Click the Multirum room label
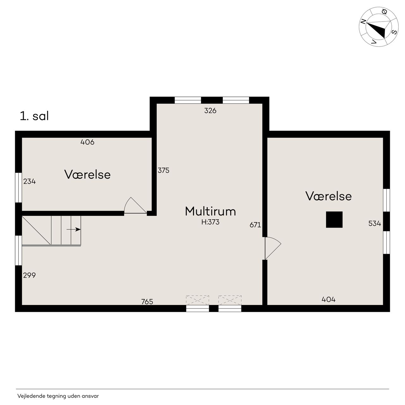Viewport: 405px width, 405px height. [x=210, y=211]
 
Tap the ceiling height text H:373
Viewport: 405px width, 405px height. [x=210, y=222]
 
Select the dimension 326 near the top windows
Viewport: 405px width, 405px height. [x=210, y=110]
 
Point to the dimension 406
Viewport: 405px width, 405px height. [x=87, y=142]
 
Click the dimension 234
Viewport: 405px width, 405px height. [x=29, y=181]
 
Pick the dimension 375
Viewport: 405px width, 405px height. [x=163, y=170]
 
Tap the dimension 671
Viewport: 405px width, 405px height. [x=255, y=225]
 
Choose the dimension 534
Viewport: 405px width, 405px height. [x=375, y=223]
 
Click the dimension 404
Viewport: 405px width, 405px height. [x=328, y=299]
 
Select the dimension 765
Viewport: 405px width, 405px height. [x=147, y=302]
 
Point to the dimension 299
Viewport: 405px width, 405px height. [x=29, y=275]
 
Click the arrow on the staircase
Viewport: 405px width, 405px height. [x=73, y=229]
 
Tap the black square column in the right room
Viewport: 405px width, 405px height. [x=334, y=219]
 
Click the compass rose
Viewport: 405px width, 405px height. [x=378, y=27]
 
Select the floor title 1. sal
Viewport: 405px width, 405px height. [x=34, y=116]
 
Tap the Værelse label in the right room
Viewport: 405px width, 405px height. [x=328, y=196]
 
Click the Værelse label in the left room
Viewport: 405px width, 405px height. [x=87, y=174]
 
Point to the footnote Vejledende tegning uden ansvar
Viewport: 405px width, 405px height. [x=58, y=396]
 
